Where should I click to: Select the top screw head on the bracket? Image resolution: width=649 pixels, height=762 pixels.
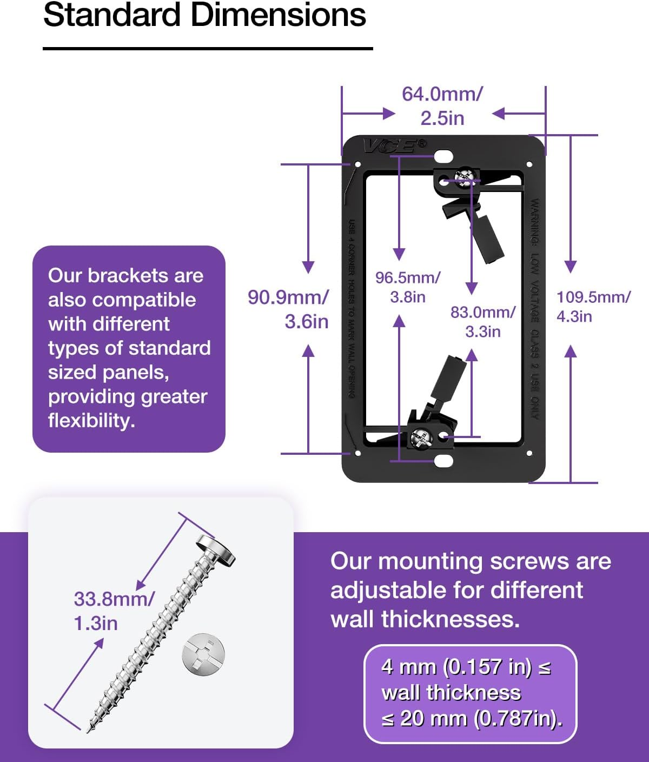465,177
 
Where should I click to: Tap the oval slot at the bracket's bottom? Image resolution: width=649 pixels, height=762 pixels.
443,461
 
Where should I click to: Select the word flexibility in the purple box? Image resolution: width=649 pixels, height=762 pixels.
91,420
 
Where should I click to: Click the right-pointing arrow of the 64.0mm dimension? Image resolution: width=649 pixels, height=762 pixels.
388,114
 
